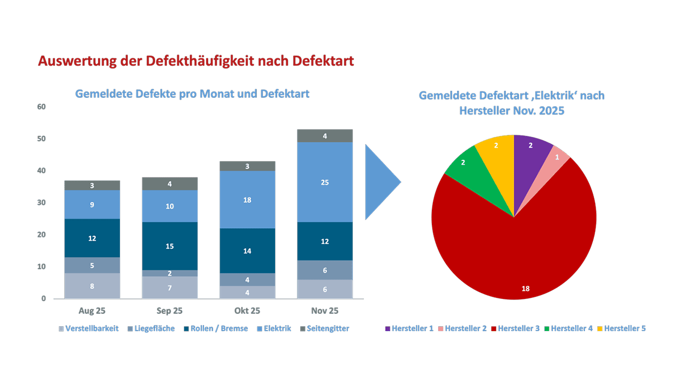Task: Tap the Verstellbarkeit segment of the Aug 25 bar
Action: pos(92,286)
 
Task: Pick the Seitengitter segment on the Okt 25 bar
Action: pos(247,166)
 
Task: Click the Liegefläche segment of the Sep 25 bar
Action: pos(170,273)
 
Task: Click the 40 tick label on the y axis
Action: pos(41,171)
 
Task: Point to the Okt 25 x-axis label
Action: pos(247,311)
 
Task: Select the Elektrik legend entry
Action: pos(274,328)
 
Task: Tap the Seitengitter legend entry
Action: pos(325,328)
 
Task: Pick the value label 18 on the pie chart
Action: pos(526,289)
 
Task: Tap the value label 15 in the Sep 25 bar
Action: pos(170,247)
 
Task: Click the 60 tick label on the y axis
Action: pos(41,107)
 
